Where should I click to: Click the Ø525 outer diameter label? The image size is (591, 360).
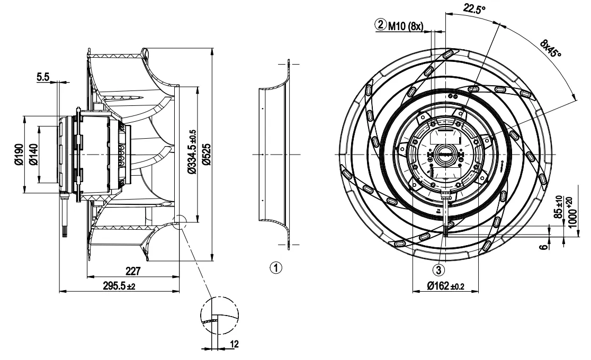click(x=206, y=154)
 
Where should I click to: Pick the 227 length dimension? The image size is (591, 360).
click(x=133, y=271)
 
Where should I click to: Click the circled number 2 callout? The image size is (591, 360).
click(x=381, y=24)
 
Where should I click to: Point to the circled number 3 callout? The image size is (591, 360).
click(x=438, y=270)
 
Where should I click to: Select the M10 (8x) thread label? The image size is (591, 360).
click(x=406, y=25)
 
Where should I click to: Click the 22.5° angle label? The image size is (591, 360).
click(x=474, y=8)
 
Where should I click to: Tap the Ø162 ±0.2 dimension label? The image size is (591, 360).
click(x=445, y=286)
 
